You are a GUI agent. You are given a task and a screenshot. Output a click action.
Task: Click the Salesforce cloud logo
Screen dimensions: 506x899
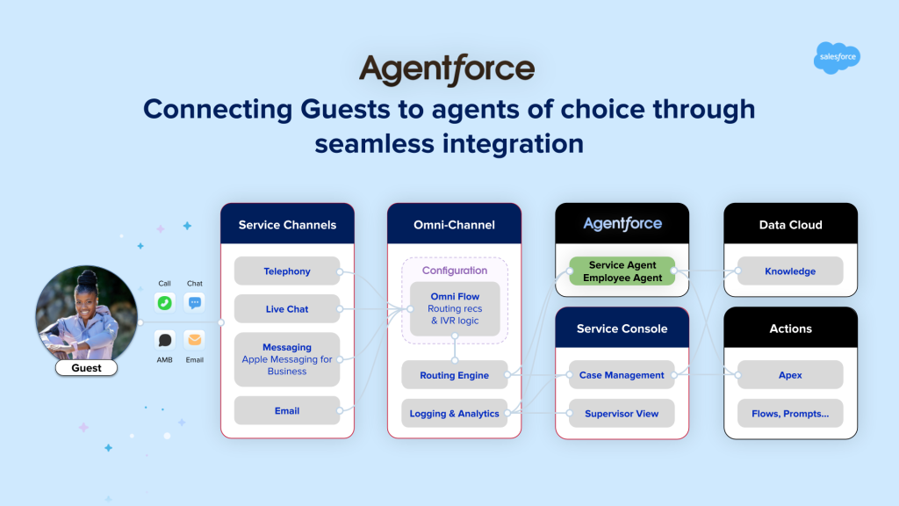[x=837, y=58]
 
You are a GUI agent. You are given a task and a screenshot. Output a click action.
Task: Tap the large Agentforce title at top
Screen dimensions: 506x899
[x=446, y=70]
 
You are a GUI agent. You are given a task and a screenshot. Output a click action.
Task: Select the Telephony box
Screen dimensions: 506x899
[x=287, y=271]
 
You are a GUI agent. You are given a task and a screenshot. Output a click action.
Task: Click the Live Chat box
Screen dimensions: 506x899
[x=287, y=309]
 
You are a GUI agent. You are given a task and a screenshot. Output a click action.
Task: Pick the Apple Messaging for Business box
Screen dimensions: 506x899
[x=287, y=359]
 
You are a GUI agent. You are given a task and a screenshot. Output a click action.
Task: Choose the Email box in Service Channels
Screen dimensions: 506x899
[x=287, y=410]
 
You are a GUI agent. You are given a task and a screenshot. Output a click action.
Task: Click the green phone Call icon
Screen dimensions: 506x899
[x=165, y=302]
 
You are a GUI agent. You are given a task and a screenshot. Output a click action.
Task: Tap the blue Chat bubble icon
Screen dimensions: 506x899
[x=194, y=302]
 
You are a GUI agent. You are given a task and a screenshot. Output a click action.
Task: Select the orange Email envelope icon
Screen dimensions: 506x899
[x=194, y=340]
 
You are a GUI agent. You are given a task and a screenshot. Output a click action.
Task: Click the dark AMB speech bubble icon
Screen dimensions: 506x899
[x=165, y=340]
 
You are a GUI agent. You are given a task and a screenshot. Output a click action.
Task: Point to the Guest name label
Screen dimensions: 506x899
[x=86, y=368]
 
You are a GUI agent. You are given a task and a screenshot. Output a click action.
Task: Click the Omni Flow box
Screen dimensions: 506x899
[x=455, y=309]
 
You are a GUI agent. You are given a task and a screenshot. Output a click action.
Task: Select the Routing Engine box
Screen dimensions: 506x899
[x=455, y=375]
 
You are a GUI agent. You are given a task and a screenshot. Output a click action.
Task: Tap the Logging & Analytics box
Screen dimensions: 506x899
[x=455, y=414]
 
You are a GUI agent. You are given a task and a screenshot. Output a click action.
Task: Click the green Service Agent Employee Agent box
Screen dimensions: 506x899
[x=622, y=271]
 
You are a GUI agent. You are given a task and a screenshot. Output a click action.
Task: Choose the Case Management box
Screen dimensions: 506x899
[x=622, y=375]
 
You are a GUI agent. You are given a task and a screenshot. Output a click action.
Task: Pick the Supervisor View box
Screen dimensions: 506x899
[x=622, y=414]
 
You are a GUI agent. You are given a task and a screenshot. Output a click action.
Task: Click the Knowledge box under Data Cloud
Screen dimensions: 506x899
[x=790, y=271]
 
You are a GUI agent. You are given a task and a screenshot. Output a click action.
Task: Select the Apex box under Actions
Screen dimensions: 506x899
[x=790, y=375]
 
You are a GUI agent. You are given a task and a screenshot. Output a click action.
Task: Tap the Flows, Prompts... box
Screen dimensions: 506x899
[x=790, y=414]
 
